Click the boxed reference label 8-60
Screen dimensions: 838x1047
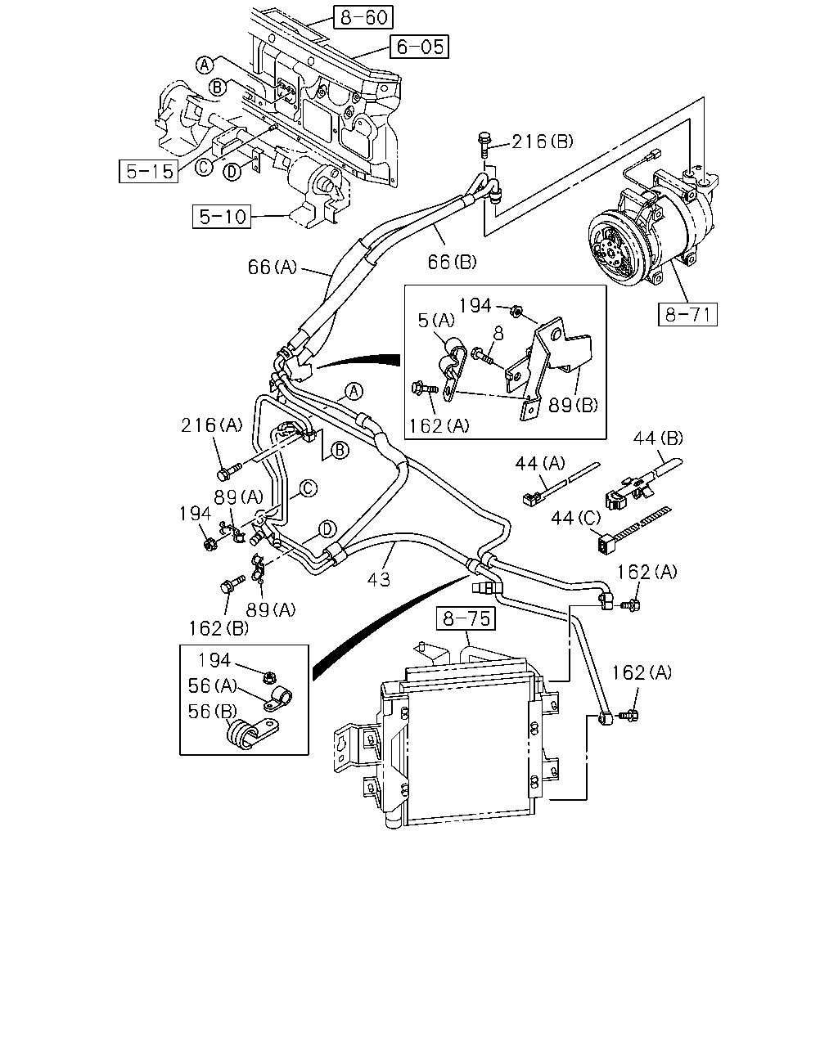(363, 17)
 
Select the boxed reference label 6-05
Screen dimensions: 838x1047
(419, 47)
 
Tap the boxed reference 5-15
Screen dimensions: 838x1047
(148, 171)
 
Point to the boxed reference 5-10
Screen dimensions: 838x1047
(222, 216)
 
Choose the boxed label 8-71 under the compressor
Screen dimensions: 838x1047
(687, 314)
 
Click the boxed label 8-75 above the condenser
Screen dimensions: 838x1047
(466, 618)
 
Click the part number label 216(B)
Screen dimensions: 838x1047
(543, 142)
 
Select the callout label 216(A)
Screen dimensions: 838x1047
(212, 425)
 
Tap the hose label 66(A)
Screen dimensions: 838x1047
(273, 267)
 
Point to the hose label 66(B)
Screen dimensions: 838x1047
(452, 262)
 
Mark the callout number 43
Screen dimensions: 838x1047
(379, 579)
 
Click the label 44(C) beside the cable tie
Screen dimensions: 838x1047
(576, 518)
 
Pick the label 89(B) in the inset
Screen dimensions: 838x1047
(573, 405)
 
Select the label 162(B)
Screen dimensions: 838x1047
(219, 628)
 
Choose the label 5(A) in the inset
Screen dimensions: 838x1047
(436, 320)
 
